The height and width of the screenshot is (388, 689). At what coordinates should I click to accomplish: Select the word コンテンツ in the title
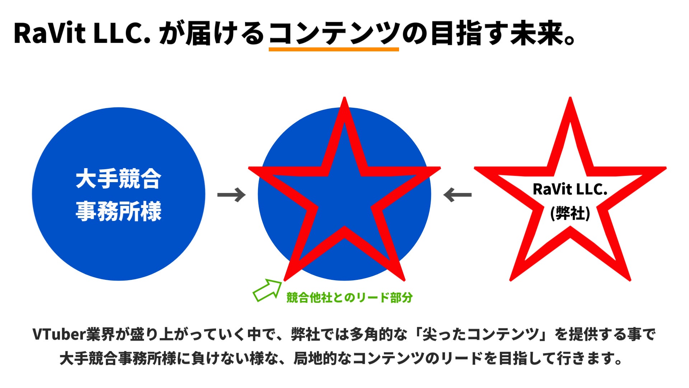(334, 33)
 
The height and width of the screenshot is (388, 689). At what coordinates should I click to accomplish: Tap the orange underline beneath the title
(334, 49)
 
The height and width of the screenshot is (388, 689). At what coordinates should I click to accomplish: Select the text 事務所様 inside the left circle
(118, 211)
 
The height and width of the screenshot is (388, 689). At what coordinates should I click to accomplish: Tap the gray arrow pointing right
(231, 195)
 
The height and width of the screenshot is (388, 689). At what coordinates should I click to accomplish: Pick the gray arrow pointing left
(457, 195)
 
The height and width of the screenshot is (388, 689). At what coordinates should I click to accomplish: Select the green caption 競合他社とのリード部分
(350, 297)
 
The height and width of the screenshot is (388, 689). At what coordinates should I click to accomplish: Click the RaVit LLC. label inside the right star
(570, 189)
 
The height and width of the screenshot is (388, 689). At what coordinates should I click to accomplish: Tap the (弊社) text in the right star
(570, 213)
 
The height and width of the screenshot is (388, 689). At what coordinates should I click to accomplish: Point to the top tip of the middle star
(344, 101)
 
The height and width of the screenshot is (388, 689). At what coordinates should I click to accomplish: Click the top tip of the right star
(570, 101)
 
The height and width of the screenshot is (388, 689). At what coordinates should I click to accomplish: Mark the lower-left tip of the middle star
(286, 278)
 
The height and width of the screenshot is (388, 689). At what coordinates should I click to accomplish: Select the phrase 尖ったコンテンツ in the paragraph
(481, 334)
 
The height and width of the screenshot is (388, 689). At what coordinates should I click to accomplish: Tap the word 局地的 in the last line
(315, 358)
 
